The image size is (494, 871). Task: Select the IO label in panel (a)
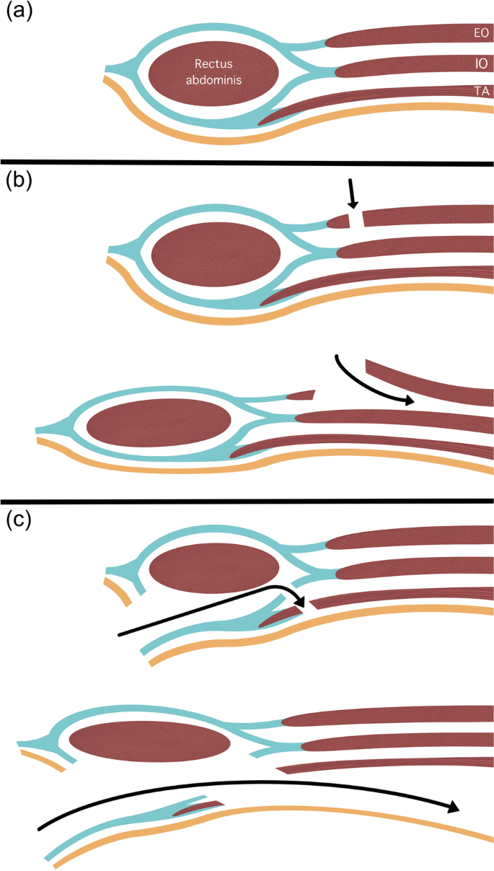[x=480, y=64]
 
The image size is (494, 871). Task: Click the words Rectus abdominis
[x=213, y=73]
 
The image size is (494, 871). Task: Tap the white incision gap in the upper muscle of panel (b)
[x=356, y=219]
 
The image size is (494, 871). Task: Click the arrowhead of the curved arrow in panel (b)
[x=410, y=401]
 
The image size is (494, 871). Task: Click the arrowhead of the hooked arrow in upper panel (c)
[x=300, y=603]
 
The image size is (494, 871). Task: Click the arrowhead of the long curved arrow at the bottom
[x=452, y=806]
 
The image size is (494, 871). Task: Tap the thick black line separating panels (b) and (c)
[x=247, y=501]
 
